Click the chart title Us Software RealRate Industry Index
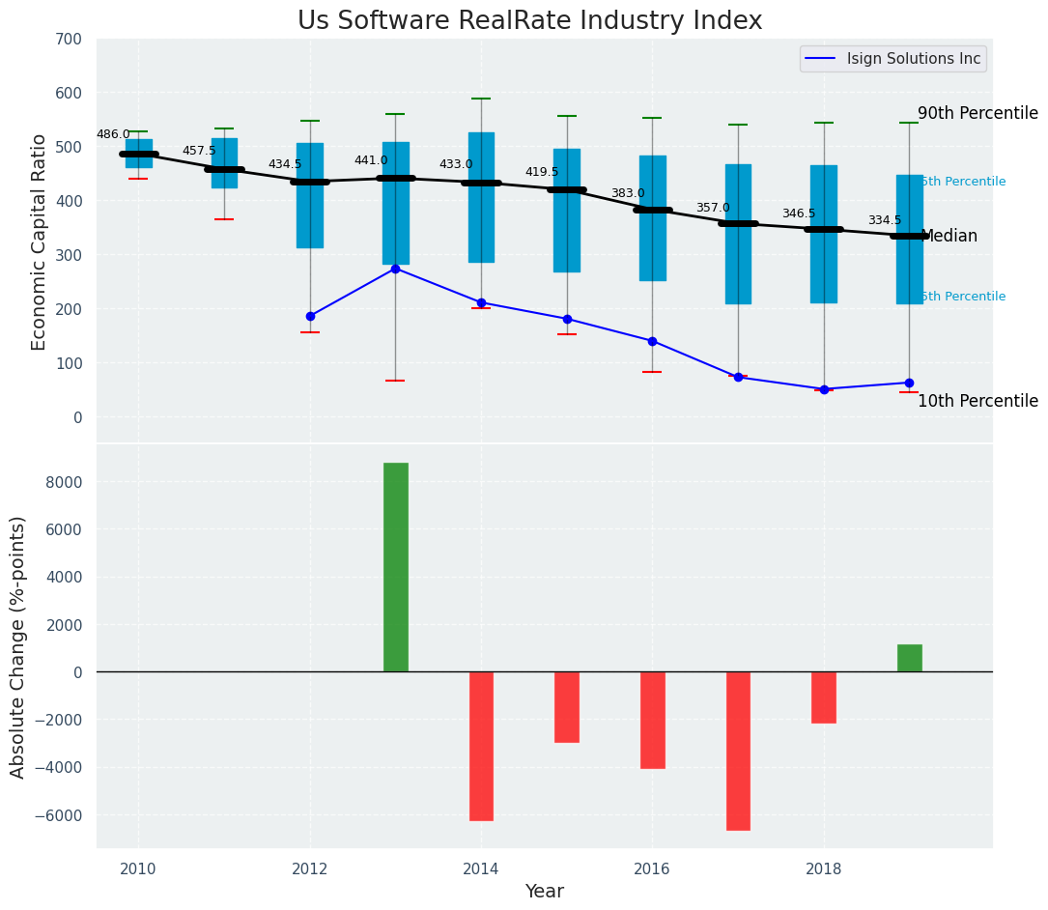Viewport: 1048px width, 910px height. tap(529, 21)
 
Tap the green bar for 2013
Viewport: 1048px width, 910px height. tap(395, 567)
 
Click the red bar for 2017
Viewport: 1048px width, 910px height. tap(738, 751)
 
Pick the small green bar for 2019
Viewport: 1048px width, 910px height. tap(909, 658)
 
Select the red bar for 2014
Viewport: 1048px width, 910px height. tap(481, 746)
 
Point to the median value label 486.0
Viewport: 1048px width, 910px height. tap(113, 134)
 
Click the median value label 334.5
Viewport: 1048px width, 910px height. tap(884, 220)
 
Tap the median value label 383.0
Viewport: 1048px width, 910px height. tap(627, 193)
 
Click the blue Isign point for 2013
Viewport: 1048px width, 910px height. tap(395, 269)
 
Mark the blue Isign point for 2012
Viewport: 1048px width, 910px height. tap(310, 316)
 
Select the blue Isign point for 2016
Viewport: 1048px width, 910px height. tap(652, 341)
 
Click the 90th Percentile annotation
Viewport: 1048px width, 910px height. tap(977, 113)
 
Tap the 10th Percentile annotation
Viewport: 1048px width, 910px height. tap(977, 401)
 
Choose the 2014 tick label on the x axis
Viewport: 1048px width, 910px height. tap(480, 868)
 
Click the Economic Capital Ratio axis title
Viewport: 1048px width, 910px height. tap(39, 242)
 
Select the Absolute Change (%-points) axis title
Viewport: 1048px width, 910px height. tap(17, 646)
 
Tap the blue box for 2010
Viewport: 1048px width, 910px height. tap(138, 154)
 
